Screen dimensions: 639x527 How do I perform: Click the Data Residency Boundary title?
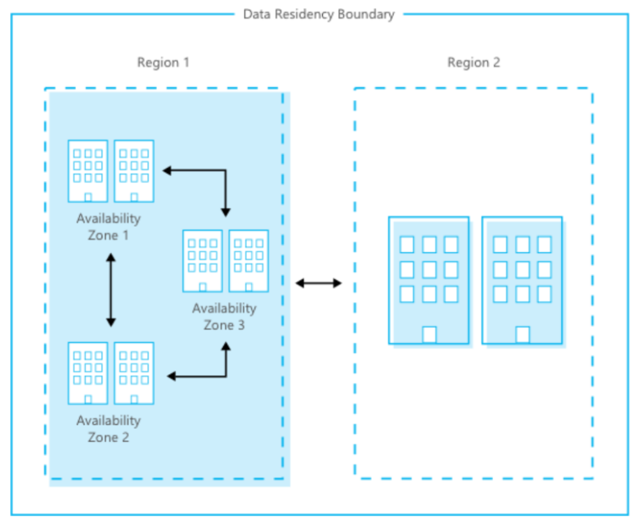[x=319, y=14]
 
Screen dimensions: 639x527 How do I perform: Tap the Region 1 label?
[x=163, y=62]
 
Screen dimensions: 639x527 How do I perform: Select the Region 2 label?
[x=473, y=62]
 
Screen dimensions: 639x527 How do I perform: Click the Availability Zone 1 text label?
[x=109, y=227]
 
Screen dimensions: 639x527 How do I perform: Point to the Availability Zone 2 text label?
[x=109, y=429]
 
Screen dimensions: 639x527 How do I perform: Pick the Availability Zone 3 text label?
[x=224, y=316]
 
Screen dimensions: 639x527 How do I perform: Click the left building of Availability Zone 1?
[x=88, y=171]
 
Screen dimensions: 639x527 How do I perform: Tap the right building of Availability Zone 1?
[x=134, y=171]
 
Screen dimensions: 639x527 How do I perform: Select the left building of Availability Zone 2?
[x=88, y=373]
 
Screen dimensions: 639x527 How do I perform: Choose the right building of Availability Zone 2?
[x=134, y=373]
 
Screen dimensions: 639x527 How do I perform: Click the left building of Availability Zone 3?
[x=202, y=261]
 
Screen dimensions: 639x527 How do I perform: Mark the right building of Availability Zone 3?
[x=249, y=261]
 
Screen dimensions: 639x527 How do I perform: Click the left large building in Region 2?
[x=429, y=280]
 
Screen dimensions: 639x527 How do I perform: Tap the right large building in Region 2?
[x=522, y=280]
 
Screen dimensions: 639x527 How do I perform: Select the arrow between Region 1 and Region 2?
[x=319, y=283]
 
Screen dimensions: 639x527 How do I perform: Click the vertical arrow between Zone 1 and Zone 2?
[x=111, y=290]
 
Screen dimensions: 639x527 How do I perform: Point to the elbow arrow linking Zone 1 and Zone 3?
[x=225, y=171]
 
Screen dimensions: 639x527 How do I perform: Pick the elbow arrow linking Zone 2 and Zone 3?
[x=226, y=376]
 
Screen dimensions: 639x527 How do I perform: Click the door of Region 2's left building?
[x=429, y=335]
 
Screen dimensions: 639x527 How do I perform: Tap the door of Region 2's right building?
[x=522, y=335]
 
